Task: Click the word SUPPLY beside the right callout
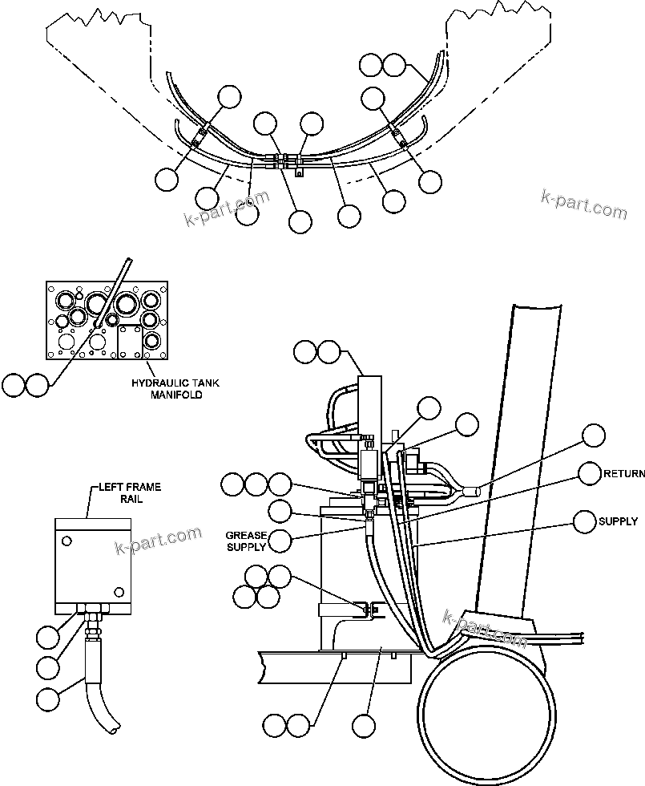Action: point(618,521)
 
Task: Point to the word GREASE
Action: point(244,535)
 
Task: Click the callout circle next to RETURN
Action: point(590,474)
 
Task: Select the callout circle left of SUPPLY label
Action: point(585,521)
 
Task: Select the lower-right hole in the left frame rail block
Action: point(119,591)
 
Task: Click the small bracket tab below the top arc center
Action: point(298,171)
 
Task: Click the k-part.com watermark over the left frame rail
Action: point(159,541)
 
